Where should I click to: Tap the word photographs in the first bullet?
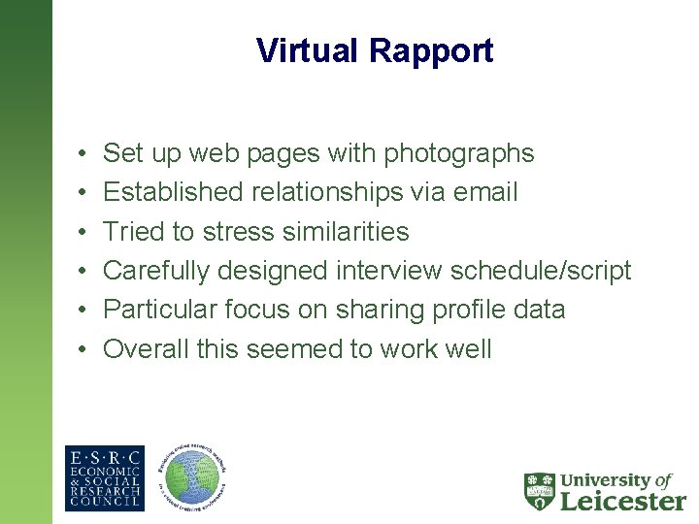pos(459,153)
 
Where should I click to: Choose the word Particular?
pos(153,310)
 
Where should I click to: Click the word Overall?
pos(146,349)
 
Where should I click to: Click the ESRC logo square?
pos(104,478)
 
